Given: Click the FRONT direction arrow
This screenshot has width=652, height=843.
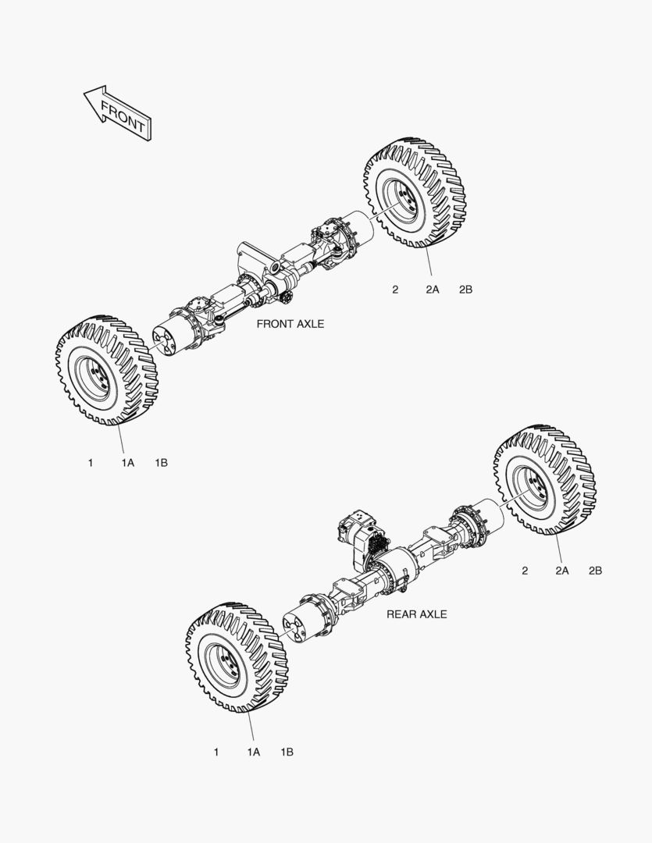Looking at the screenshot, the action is coord(118,114).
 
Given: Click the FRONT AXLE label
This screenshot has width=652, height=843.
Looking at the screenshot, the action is coord(290,324).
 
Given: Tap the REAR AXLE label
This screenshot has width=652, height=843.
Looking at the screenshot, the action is coord(417,614).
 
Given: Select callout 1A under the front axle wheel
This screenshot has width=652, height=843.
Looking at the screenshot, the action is coord(128,463).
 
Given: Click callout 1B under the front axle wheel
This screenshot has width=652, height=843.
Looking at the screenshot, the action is coord(162,463).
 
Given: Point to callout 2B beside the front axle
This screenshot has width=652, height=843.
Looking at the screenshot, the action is coord(466,290).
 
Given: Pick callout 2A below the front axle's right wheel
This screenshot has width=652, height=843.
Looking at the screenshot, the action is coord(433,290).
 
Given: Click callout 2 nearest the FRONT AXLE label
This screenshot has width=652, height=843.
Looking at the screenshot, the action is coord(395,290).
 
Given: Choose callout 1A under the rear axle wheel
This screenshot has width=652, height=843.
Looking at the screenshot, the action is coord(254,752).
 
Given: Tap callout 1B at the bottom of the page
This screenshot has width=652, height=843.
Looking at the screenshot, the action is coord(287,752).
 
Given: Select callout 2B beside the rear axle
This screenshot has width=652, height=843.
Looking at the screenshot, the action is coord(596,571).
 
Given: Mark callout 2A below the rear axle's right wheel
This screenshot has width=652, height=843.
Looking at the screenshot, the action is coord(562,571).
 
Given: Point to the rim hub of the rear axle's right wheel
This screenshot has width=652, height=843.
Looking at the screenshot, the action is coord(533,487).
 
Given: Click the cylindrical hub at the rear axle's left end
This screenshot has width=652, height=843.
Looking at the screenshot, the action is coord(304,624).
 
